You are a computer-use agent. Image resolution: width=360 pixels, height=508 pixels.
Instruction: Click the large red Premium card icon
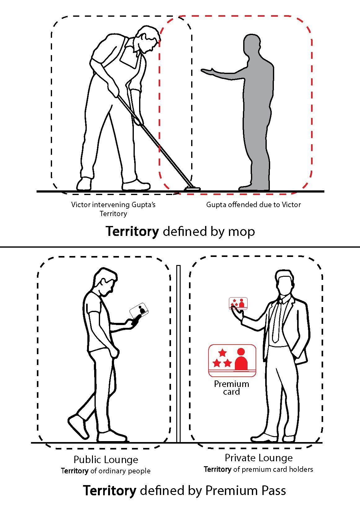pos(232,361)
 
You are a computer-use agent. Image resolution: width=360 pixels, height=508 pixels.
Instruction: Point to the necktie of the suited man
pos(276,322)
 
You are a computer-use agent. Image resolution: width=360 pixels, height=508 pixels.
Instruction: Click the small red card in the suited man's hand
pos(238,303)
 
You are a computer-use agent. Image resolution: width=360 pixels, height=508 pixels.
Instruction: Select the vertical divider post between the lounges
pos(178,354)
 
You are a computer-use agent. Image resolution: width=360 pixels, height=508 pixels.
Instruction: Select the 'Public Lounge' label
pos(106,460)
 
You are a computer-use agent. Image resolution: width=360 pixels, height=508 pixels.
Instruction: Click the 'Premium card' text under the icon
pos(231,388)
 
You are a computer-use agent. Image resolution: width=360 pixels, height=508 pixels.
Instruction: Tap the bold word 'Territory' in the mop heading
pos(132,232)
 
